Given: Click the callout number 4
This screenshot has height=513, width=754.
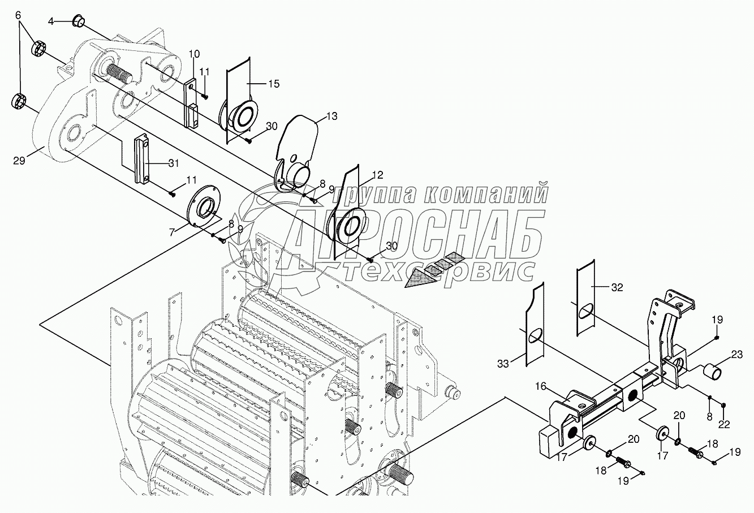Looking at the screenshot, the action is click(x=51, y=21).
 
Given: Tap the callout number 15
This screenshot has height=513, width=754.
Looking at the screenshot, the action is click(x=273, y=84).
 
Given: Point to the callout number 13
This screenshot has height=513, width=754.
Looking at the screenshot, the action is click(x=331, y=117).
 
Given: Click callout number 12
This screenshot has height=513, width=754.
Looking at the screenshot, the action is click(x=377, y=175).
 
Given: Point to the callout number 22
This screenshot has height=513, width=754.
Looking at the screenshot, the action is click(x=725, y=424).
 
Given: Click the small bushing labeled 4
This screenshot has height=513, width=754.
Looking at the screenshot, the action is click(x=77, y=23).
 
